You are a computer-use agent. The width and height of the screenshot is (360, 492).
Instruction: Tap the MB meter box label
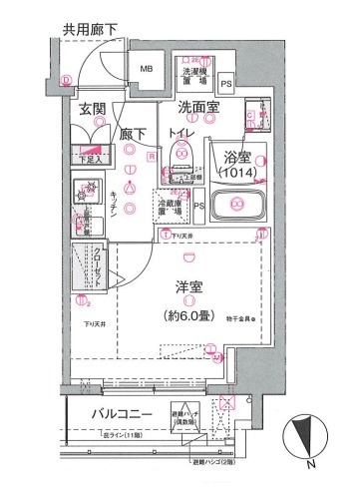(x=146, y=69)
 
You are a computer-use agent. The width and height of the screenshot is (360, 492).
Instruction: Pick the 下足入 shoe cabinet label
(x=89, y=157)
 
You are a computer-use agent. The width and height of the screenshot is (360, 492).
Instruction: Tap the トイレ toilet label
(x=181, y=131)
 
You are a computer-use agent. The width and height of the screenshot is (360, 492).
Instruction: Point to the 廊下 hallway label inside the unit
(x=132, y=131)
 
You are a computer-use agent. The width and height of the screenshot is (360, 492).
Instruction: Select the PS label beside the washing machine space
(x=226, y=84)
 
